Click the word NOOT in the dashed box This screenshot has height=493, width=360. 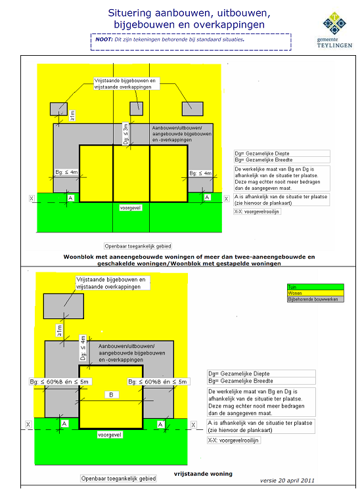(103, 39)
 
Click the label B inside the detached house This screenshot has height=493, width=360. (112, 395)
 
